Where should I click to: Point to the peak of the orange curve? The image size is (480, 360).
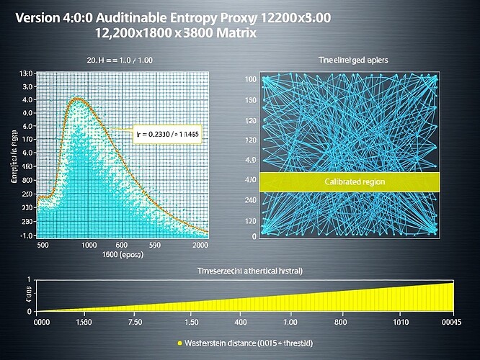point(76,99)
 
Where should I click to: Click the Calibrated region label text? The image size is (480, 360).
point(350,182)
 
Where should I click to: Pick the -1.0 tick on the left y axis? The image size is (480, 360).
point(27,235)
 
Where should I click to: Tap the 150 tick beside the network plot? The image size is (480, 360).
point(251,100)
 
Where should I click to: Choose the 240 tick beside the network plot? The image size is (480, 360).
point(251,200)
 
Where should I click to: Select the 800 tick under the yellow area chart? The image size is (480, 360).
point(342,323)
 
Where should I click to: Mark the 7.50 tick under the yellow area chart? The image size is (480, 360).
point(134,323)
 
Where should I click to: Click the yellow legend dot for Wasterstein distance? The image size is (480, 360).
point(179,343)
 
